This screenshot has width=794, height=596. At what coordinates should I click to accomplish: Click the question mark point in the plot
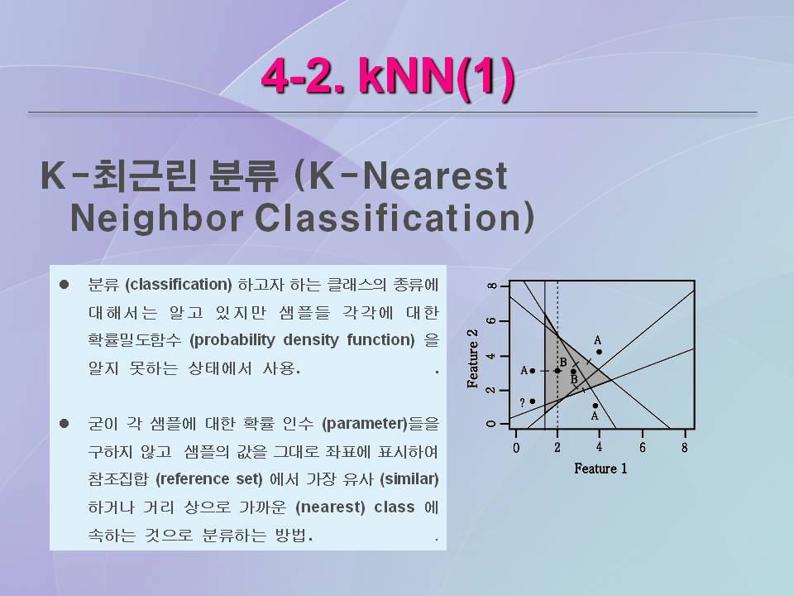(x=532, y=401)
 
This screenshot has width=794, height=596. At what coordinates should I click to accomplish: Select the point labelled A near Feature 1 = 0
(x=532, y=371)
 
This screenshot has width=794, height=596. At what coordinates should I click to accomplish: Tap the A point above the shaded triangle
(x=599, y=352)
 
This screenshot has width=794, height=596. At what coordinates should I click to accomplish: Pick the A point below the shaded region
(x=595, y=406)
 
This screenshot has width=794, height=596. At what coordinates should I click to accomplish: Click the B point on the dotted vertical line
(x=557, y=371)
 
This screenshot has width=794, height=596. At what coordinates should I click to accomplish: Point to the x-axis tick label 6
(x=643, y=448)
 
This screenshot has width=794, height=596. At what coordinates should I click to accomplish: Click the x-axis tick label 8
(x=685, y=448)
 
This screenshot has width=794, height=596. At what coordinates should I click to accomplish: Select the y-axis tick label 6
(x=490, y=321)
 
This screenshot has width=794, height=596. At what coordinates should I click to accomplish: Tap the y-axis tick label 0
(x=490, y=424)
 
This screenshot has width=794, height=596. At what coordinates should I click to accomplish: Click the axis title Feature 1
(x=600, y=469)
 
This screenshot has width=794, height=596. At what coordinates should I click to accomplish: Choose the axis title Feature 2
(x=472, y=358)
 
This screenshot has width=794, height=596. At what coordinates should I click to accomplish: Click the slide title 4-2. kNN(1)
(x=388, y=77)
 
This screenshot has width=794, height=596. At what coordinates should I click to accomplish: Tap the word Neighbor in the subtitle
(x=156, y=219)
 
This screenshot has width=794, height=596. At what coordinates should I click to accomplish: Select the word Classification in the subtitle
(x=395, y=219)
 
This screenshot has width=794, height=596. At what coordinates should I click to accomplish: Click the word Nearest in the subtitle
(x=436, y=176)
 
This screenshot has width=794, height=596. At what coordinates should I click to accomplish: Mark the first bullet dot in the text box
(x=64, y=284)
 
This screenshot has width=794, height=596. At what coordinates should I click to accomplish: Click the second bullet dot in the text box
(x=64, y=423)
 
